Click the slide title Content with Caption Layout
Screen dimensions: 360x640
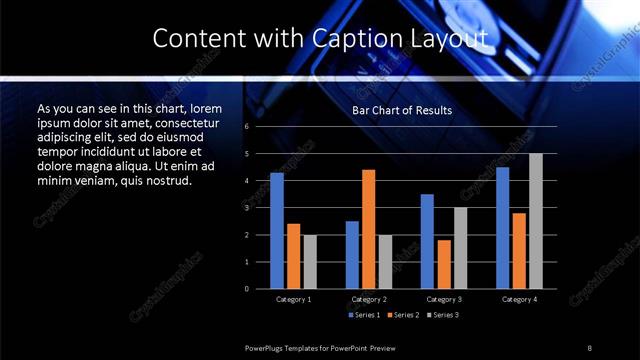click(319, 39)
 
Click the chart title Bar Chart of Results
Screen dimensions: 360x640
click(402, 110)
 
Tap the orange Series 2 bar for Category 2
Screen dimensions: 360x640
click(368, 229)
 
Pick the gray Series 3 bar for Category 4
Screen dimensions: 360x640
click(536, 221)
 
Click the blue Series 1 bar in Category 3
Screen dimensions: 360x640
click(427, 241)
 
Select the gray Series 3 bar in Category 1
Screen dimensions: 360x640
click(309, 261)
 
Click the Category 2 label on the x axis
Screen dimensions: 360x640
click(368, 300)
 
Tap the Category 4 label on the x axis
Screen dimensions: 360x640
click(519, 300)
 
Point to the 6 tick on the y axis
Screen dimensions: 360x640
click(246, 127)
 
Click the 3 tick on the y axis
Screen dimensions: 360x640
click(246, 208)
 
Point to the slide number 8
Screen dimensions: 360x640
click(589, 348)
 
